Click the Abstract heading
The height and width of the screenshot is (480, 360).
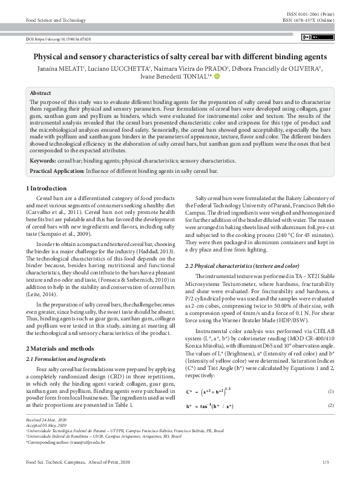coord(41,94)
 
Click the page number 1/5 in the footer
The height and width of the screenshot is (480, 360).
coord(327,462)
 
